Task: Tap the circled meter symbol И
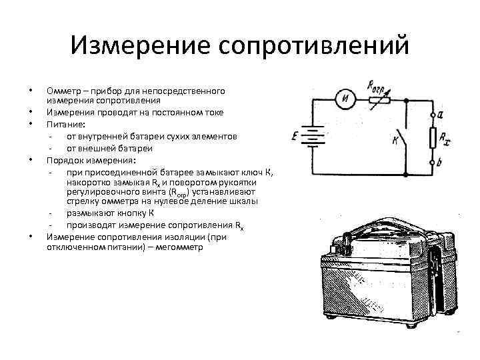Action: (x=346, y=100)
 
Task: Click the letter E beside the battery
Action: (x=294, y=137)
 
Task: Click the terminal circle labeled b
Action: (x=435, y=160)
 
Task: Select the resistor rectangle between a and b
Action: (x=435, y=138)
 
